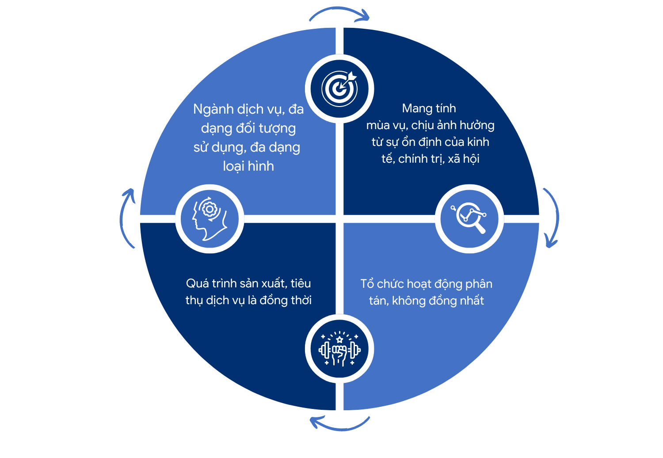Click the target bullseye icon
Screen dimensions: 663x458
click(x=339, y=88)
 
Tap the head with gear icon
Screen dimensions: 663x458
click(x=210, y=218)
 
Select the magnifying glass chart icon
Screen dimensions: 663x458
click(x=469, y=218)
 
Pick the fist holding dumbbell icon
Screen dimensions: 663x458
click(x=339, y=349)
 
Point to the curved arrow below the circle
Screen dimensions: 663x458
click(x=340, y=429)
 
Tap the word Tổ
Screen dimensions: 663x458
click(x=367, y=284)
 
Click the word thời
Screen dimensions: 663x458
click(x=301, y=301)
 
